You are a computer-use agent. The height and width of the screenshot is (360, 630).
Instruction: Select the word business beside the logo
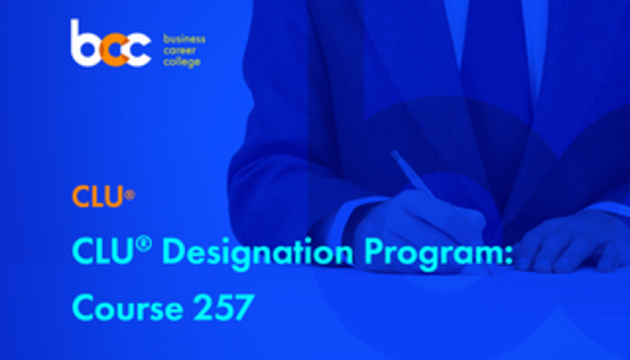[184, 39]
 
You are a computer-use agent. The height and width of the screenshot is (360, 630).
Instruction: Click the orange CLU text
[97, 196]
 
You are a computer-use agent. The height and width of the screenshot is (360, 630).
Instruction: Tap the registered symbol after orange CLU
[129, 195]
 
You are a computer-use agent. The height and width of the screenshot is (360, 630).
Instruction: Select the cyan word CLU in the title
[102, 252]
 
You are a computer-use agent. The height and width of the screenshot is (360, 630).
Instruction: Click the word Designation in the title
[258, 254]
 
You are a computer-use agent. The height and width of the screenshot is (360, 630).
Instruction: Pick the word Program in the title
[429, 254]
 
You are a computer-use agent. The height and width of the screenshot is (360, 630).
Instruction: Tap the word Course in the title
[128, 308]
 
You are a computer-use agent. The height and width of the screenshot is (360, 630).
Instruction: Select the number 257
[223, 307]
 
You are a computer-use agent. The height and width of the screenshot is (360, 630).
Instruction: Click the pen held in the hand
[418, 181]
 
